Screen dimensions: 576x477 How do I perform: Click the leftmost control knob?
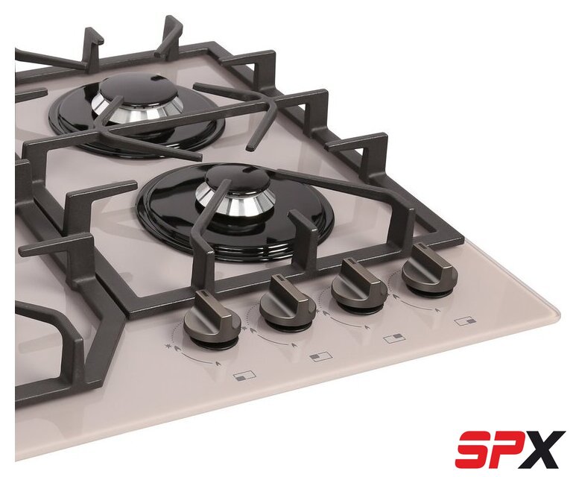tap(211, 315)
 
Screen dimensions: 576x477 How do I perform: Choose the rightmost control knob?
tap(430, 268)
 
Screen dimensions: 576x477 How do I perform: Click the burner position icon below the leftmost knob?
tap(244, 376)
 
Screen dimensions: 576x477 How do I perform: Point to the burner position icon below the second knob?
tap(320, 356)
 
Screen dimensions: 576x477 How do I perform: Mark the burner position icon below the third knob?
tap(395, 338)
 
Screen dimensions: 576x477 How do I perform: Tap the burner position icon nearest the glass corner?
tap(465, 321)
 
